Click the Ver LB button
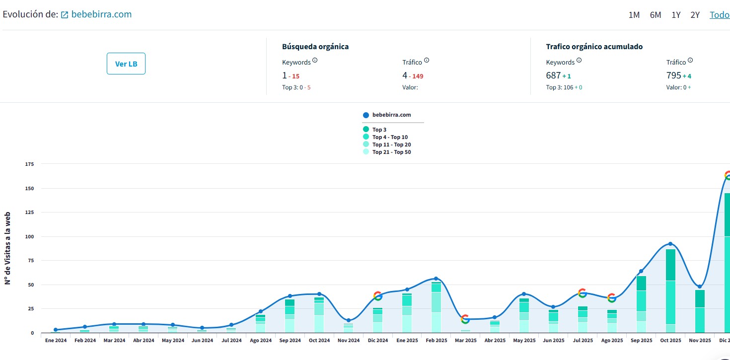click(126, 64)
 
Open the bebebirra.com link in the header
click(101, 14)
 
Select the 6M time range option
click(656, 15)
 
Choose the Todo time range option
click(720, 15)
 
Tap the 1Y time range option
click(676, 15)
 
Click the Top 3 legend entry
click(375, 129)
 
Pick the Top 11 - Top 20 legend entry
click(387, 144)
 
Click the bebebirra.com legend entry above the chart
click(387, 115)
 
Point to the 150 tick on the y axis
click(29, 188)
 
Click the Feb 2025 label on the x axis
click(437, 341)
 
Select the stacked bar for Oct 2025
click(670, 291)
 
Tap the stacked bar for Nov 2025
click(700, 311)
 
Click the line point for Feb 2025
click(436, 279)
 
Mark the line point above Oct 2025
click(670, 244)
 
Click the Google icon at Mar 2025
click(465, 319)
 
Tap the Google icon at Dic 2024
click(378, 296)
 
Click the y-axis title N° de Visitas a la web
click(7, 248)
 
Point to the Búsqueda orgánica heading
click(315, 47)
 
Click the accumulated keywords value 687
click(553, 75)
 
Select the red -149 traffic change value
click(416, 76)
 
